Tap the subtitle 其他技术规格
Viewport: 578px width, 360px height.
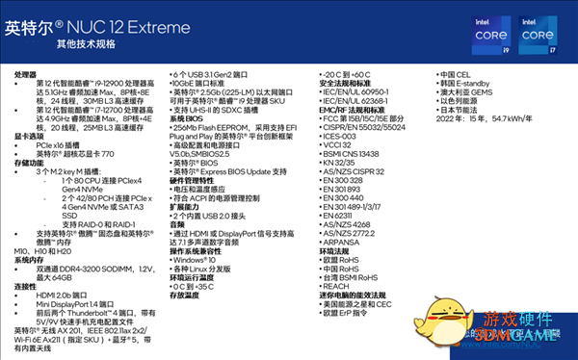pyautogui.click(x=86, y=44)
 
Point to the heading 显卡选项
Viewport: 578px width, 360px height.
pyautogui.click(x=30, y=137)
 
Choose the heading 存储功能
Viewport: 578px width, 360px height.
pyautogui.click(x=30, y=163)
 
